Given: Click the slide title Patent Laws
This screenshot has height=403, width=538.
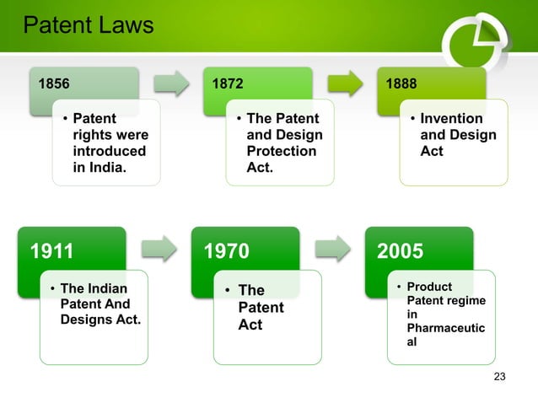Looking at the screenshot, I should click(88, 26).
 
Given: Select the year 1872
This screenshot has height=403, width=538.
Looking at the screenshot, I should click(227, 84).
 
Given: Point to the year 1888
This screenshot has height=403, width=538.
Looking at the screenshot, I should click(401, 84).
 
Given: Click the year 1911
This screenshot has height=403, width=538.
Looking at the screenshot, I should click(52, 250).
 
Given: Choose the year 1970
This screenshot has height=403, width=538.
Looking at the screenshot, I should click(227, 250).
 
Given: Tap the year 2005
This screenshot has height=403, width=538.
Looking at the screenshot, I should click(401, 250).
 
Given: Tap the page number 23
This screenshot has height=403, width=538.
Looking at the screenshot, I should click(499, 376).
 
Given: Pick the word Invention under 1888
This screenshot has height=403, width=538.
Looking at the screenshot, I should click(451, 119).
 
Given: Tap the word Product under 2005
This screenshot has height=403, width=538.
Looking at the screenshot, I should click(430, 287).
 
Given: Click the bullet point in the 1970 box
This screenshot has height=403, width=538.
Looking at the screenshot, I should click(226, 291).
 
